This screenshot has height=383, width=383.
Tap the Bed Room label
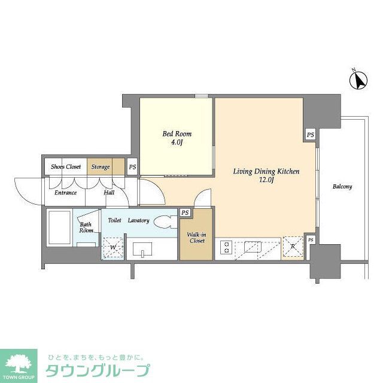(177, 134)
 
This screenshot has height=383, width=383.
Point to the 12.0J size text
(266, 181)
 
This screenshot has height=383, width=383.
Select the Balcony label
(342, 187)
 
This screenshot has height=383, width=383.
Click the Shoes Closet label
(66, 167)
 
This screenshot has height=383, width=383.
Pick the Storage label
(101, 167)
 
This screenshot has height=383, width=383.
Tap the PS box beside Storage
(132, 167)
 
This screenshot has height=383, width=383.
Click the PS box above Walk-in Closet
(186, 212)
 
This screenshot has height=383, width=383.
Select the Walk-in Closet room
(196, 237)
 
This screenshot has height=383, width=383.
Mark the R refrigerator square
(293, 247)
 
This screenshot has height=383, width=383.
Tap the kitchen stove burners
(227, 247)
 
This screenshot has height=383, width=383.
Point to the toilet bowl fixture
(164, 221)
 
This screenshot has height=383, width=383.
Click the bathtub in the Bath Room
(60, 227)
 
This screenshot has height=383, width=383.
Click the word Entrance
(66, 193)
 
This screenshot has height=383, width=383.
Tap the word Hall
(109, 193)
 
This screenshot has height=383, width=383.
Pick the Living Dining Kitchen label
(266, 172)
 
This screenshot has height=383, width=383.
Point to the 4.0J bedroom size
(177, 143)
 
